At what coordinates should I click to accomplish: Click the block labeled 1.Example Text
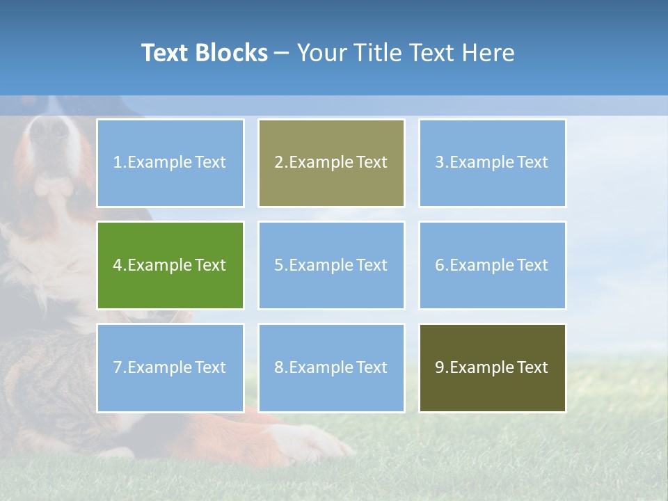point(170,163)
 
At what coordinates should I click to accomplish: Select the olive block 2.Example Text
point(331,163)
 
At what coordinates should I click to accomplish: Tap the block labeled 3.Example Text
point(492,163)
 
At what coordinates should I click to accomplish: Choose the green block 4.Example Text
point(170,265)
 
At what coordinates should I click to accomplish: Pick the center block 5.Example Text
point(331,265)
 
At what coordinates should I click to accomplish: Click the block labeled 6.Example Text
point(492,265)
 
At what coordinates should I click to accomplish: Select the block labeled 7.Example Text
point(170,367)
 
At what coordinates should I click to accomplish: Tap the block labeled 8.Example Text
point(331,367)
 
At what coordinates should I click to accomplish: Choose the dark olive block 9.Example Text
point(492,367)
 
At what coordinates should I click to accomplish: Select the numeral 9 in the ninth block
point(440,367)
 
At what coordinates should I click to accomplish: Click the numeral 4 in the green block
point(118,265)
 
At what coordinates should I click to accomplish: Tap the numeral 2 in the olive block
point(278,163)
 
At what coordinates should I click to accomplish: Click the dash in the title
point(282,53)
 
